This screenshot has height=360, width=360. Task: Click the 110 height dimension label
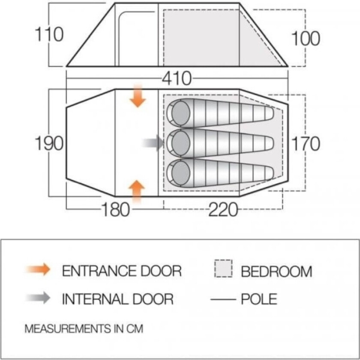click(49, 34)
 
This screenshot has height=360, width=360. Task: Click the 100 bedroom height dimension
click(305, 38)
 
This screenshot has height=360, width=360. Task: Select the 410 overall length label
click(177, 79)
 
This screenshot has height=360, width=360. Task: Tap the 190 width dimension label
click(49, 143)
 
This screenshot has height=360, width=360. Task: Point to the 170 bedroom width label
click(305, 143)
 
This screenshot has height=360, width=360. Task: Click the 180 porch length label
click(115, 209)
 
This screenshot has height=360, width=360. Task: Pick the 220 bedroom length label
click(223, 209)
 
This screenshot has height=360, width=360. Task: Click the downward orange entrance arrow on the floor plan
click(138, 95)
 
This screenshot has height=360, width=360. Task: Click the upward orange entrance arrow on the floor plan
click(137, 191)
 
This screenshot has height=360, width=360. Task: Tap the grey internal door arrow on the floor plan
click(153, 143)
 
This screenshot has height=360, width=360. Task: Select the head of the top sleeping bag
click(181, 113)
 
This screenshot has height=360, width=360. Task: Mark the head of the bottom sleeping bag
click(181, 173)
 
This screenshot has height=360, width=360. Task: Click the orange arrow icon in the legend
click(38, 269)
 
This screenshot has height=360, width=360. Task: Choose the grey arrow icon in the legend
click(38, 298)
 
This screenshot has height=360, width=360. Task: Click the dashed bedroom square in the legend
click(224, 268)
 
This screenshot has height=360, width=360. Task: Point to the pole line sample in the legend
click(223, 299)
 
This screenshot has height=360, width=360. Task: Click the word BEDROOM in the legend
click(276, 271)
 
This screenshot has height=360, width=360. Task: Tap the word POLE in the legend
click(259, 299)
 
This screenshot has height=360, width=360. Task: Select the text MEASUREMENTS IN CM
click(84, 329)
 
